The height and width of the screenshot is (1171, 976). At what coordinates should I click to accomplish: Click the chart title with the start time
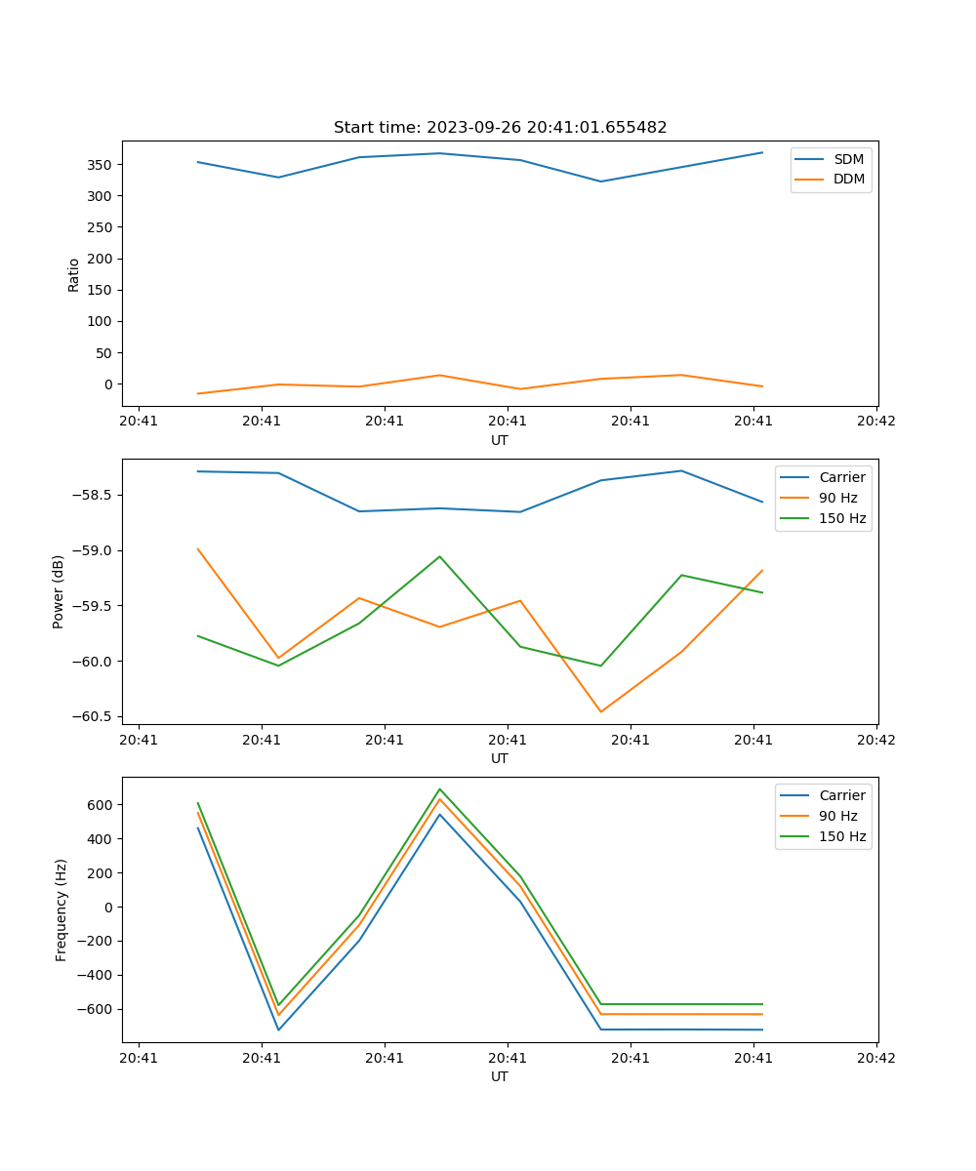(x=500, y=128)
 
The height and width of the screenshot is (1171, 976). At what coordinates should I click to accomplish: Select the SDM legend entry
(x=848, y=159)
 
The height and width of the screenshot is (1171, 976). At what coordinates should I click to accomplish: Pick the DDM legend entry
(x=848, y=179)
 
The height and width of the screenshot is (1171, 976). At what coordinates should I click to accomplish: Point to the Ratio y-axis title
(x=74, y=274)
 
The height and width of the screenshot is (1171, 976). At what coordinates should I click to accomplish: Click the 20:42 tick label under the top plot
(x=875, y=422)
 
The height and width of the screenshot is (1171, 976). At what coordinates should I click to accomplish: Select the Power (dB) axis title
(x=59, y=591)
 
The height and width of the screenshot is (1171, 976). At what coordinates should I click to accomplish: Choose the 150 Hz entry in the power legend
(x=841, y=518)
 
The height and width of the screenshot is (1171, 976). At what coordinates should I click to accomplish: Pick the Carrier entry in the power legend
(x=841, y=477)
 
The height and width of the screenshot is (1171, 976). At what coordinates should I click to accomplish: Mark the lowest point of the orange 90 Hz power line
(x=601, y=711)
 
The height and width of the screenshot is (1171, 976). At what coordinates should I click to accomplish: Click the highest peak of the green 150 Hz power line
(x=439, y=556)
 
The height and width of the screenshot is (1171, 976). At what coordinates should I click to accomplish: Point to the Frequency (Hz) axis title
(x=61, y=909)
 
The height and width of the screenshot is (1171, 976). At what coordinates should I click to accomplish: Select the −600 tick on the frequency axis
(x=97, y=1009)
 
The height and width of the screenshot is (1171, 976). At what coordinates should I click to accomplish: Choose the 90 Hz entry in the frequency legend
(x=837, y=816)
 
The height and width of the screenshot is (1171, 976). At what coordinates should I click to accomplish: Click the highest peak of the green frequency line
(x=439, y=789)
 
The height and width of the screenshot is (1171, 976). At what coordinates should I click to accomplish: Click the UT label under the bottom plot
(x=500, y=1076)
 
